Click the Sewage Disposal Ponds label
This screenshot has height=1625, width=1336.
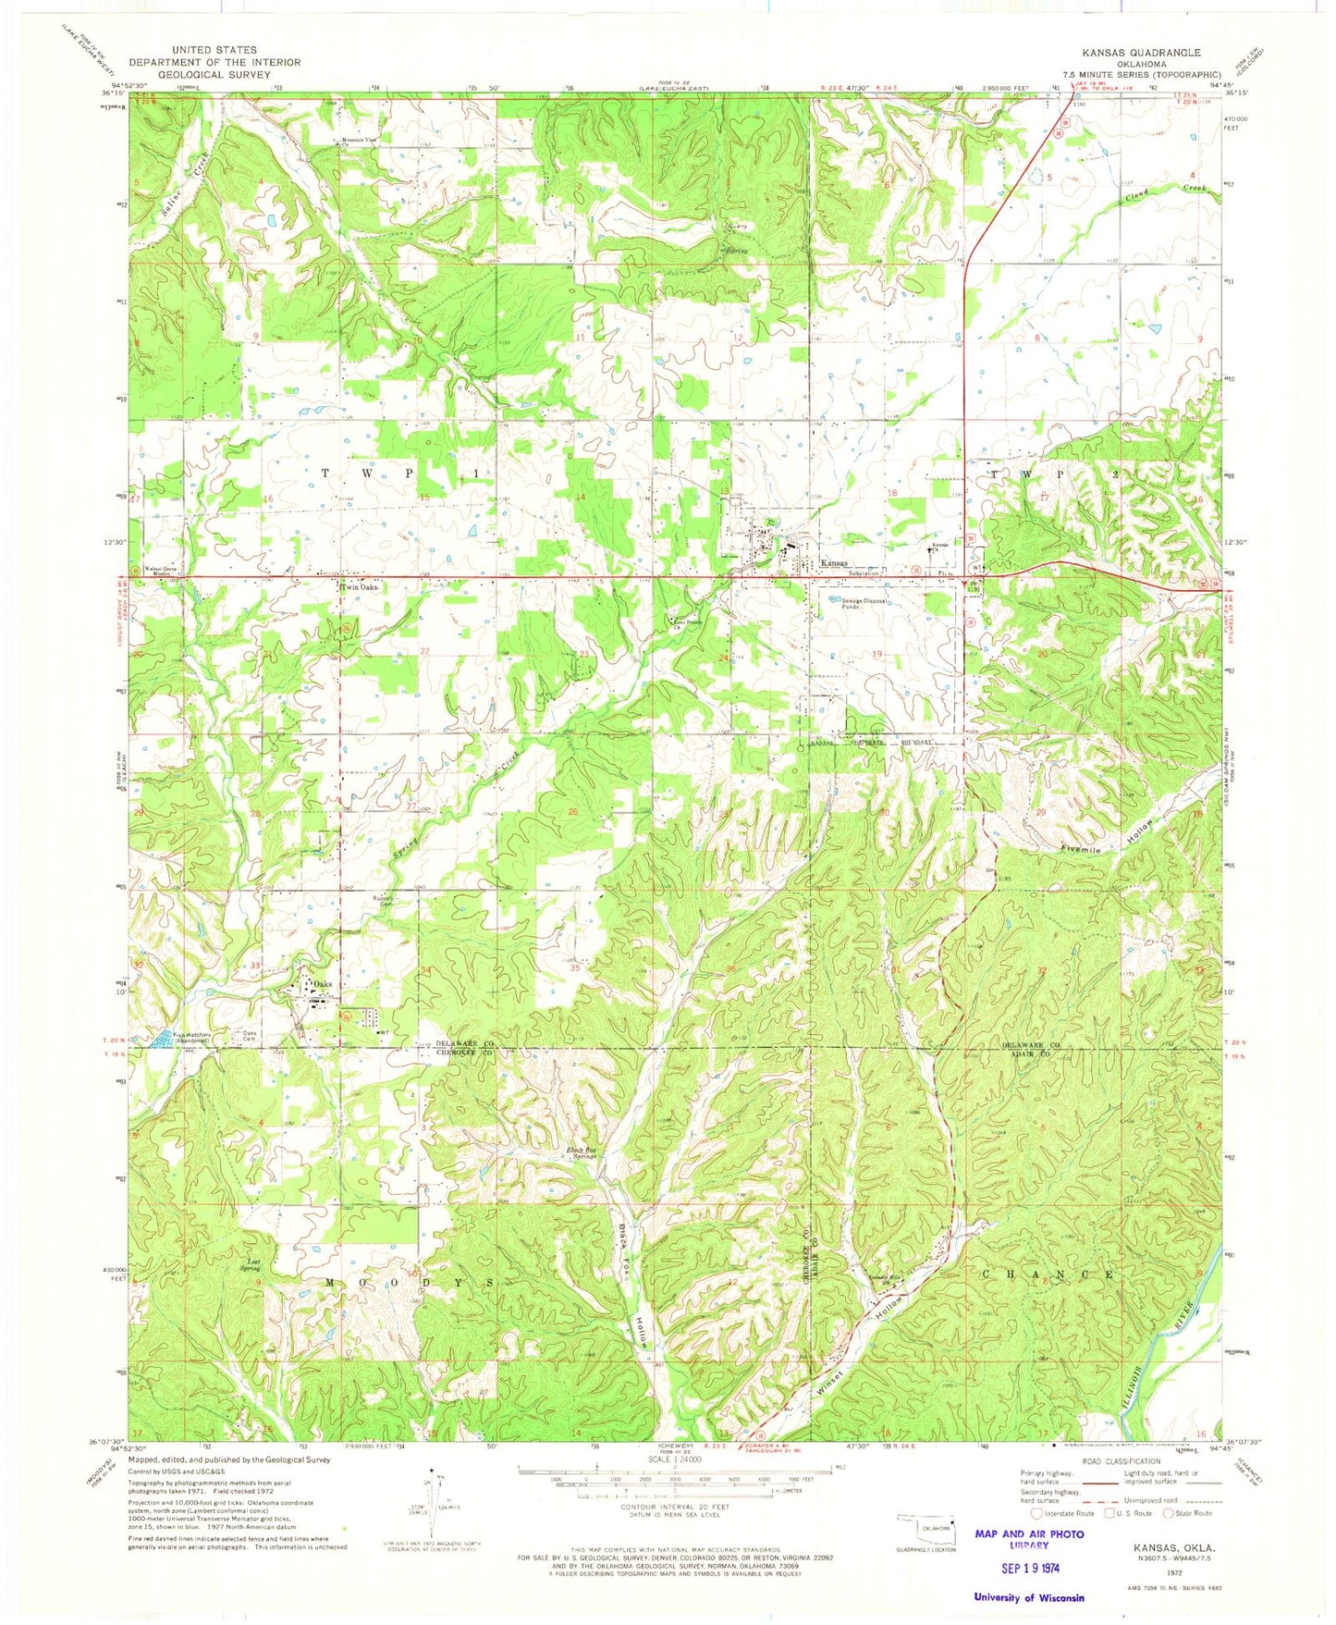(864, 604)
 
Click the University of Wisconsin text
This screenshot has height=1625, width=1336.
(1029, 1597)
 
